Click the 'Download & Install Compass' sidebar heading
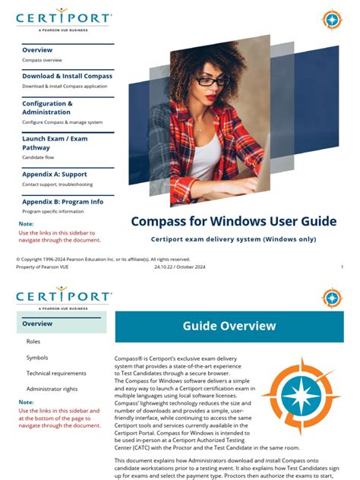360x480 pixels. [x=67, y=76]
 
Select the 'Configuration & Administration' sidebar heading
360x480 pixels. [x=47, y=108]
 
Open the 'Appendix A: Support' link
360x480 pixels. [x=55, y=175]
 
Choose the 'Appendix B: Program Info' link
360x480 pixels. [x=62, y=201]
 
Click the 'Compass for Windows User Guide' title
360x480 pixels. [x=233, y=222]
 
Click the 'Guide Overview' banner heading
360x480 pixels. [x=229, y=326]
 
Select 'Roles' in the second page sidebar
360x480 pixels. [x=33, y=342]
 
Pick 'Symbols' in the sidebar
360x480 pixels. [x=37, y=357]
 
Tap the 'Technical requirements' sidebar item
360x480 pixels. [x=56, y=373]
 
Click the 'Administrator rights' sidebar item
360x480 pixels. [x=52, y=389]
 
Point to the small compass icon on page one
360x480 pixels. [x=332, y=19]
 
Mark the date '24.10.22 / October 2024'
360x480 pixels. [x=180, y=267]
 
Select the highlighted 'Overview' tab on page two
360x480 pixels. [x=37, y=324]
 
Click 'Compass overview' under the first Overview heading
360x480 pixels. [x=42, y=58]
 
